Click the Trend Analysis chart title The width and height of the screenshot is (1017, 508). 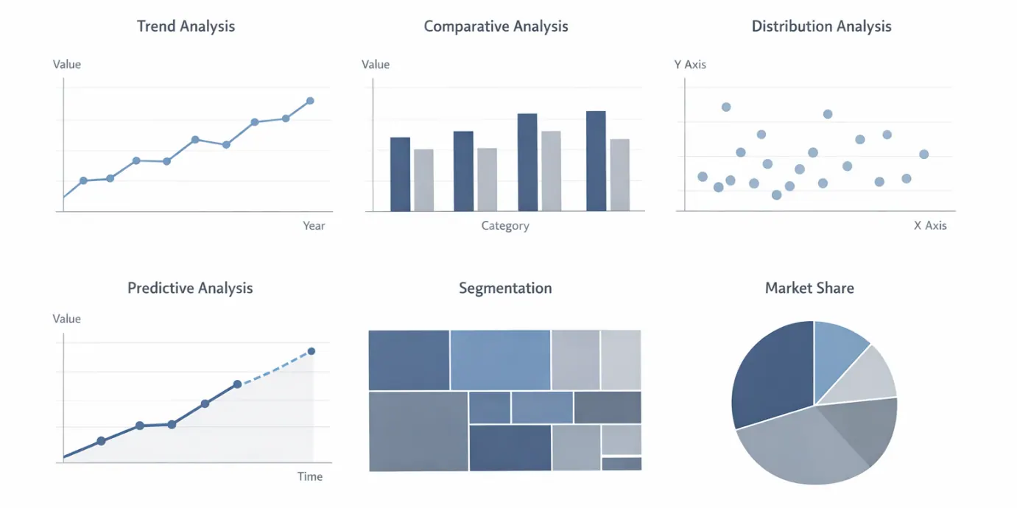coord(186,27)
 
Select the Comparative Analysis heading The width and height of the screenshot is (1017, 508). coord(496,27)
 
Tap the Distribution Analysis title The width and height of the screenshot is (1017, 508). coord(821,27)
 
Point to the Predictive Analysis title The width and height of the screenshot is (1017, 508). coord(190,288)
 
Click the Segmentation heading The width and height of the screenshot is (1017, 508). coord(505,288)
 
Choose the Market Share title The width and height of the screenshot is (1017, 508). coord(809,288)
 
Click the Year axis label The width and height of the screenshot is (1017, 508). coord(314,225)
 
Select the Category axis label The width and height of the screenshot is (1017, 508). coord(505,225)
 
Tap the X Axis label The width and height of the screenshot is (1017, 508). coord(930,225)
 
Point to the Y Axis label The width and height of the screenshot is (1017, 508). coord(690,65)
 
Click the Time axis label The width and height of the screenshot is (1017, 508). coord(310,476)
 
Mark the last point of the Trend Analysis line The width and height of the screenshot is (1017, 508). coord(310,101)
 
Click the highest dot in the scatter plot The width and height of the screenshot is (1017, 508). coord(726,107)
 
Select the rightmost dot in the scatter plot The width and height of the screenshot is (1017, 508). coord(924,154)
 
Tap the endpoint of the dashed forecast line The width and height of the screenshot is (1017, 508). coord(312,351)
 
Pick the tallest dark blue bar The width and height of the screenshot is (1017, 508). coord(596,160)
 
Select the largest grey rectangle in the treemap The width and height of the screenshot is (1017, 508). coord(418,431)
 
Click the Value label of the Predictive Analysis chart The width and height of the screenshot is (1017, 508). coord(67,319)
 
